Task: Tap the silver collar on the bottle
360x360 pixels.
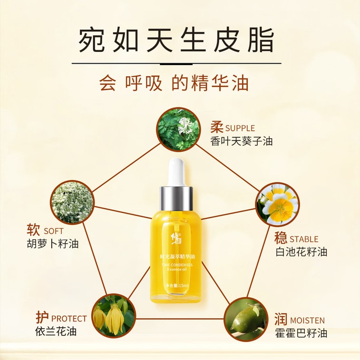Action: (176, 198)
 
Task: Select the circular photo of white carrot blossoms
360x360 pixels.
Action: (72, 202)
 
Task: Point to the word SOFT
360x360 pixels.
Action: (53, 231)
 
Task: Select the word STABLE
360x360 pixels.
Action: (304, 239)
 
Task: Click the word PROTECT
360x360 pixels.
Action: (69, 318)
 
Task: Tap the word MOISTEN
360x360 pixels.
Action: (307, 320)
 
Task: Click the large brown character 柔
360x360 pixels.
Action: (217, 127)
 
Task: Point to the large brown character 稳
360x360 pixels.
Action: (281, 238)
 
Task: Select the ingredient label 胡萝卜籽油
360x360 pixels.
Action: (53, 244)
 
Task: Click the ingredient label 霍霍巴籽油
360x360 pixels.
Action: (301, 333)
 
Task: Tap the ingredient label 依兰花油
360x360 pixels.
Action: (56, 331)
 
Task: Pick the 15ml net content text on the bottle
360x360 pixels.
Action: (177, 285)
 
